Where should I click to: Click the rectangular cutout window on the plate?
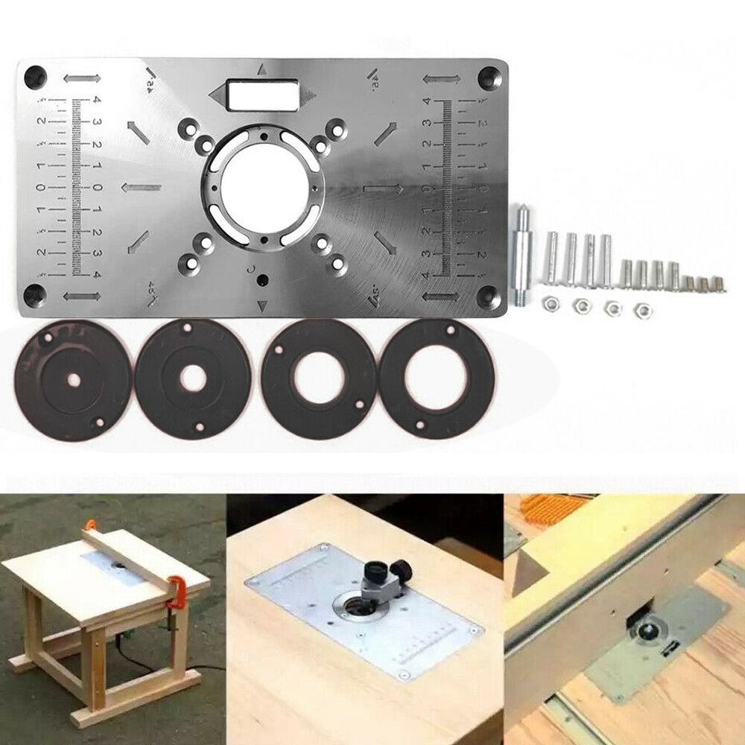(x=260, y=95)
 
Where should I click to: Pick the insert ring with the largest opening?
(x=437, y=379)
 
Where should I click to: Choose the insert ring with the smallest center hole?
(x=74, y=380)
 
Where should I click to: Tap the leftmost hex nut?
(x=549, y=302)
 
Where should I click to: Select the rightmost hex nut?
(x=639, y=307)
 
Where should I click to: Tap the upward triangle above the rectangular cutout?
(x=261, y=70)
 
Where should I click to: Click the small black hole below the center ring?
(x=261, y=280)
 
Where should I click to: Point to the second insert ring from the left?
(x=192, y=378)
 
